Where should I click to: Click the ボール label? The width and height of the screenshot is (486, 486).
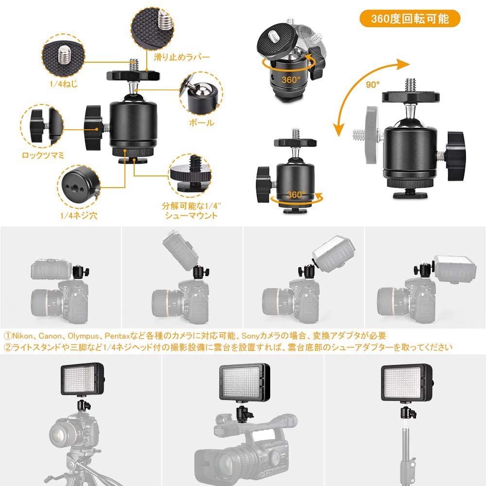(201, 122)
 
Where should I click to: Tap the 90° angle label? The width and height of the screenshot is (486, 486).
(373, 84)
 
